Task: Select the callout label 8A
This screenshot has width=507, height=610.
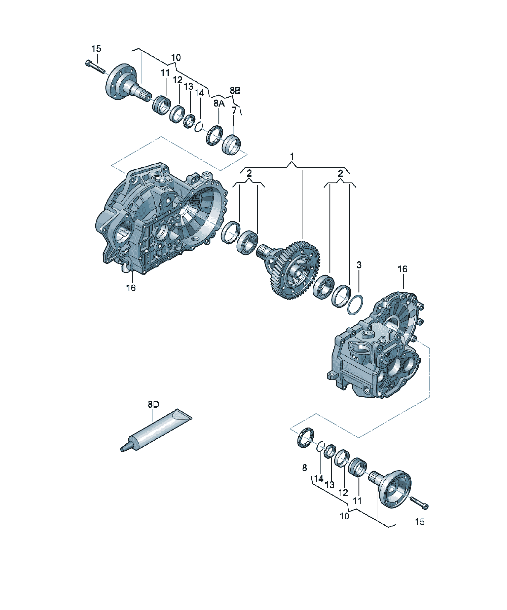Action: click(x=219, y=103)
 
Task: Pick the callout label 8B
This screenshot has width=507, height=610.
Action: click(x=235, y=90)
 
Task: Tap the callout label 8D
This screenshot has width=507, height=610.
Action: click(x=154, y=404)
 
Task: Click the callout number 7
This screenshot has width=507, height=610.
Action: click(x=234, y=110)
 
